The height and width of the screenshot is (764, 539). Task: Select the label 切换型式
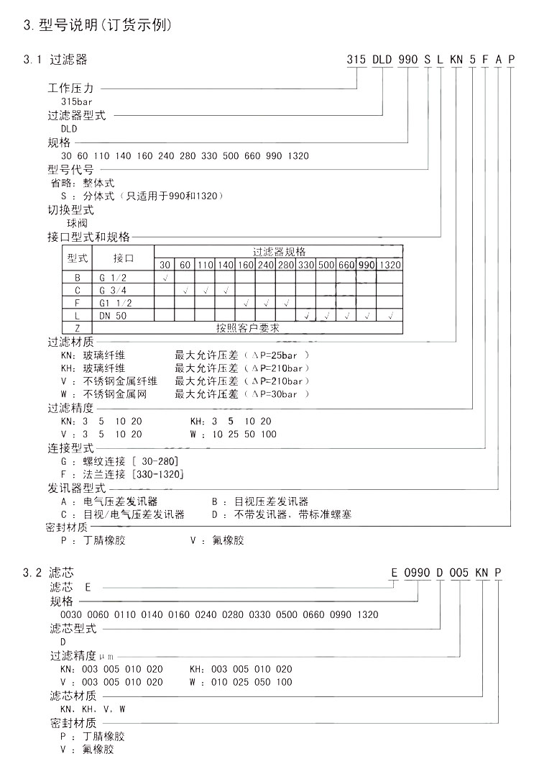click(x=70, y=211)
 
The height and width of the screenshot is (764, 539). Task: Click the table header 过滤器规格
click(x=279, y=252)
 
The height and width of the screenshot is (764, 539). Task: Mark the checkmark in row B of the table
click(x=165, y=278)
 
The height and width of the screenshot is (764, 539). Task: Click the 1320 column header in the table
click(x=391, y=265)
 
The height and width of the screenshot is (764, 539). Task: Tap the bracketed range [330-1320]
click(x=157, y=474)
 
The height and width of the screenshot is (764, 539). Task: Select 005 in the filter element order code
click(x=459, y=573)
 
